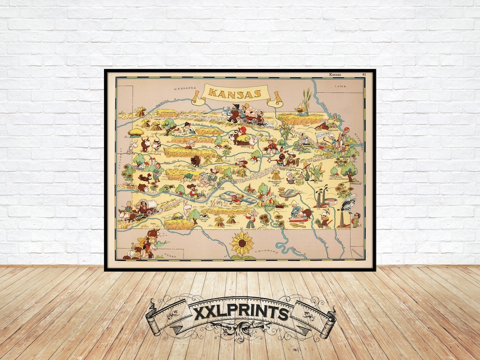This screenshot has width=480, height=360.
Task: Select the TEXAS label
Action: (x=169, y=255)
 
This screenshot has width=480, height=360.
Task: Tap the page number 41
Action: (x=364, y=74)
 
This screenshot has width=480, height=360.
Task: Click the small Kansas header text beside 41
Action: (x=335, y=74)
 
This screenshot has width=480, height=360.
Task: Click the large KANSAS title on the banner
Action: (x=234, y=94)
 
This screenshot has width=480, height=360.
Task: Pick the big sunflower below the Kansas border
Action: (x=242, y=244)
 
